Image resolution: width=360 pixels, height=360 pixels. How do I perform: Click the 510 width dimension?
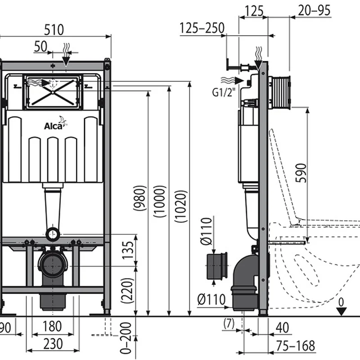[x=54, y=30]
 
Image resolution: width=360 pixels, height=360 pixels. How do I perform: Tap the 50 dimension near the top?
[x=40, y=47]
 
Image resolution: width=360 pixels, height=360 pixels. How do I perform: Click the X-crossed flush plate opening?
[x=53, y=92]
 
